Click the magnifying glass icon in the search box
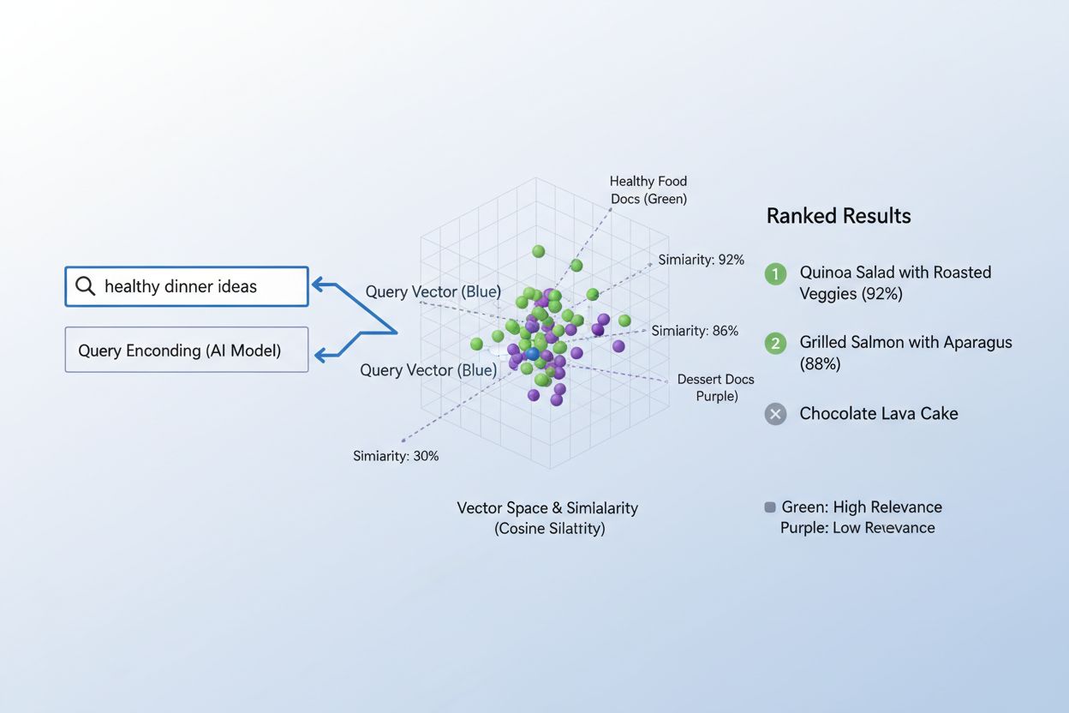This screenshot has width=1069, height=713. point(85,286)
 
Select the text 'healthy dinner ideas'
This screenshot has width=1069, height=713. point(180,287)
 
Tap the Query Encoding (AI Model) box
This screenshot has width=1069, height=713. point(186,350)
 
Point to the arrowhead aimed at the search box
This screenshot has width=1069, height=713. point(317,285)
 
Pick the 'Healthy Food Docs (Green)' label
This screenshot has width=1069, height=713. point(648,190)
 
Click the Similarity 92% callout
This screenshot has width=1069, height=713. point(701,260)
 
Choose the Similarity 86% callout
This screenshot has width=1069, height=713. point(694,331)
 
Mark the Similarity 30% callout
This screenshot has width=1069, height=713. point(396,456)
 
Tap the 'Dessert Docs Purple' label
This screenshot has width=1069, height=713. point(715,387)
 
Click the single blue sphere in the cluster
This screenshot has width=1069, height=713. point(532,353)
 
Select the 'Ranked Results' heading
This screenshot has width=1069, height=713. point(838,216)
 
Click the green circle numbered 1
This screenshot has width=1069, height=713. point(775,274)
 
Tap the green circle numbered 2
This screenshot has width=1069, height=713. point(775,344)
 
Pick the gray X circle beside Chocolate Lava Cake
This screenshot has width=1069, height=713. point(775,415)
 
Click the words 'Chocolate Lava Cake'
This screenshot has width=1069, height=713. point(878,414)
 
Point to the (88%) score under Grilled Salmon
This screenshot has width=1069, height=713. point(820,364)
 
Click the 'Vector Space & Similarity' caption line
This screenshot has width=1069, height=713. point(547,508)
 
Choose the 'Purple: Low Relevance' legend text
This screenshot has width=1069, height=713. point(857,528)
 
